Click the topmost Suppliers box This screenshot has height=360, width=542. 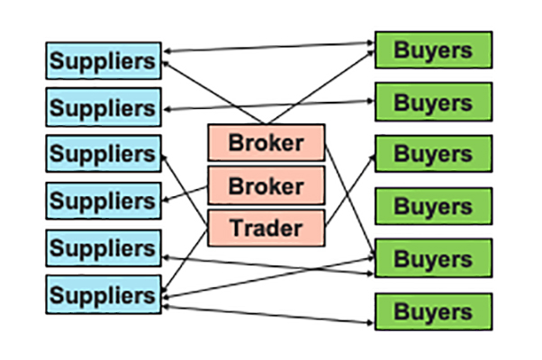(104, 60)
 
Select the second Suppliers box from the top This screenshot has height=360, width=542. (104, 107)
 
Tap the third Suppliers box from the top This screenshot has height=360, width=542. (104, 153)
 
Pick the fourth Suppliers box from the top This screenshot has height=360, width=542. (104, 200)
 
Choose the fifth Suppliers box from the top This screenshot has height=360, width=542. (104, 247)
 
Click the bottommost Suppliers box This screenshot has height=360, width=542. (104, 293)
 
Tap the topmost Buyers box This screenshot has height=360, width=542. (433, 49)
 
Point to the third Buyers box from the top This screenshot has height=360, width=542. (433, 154)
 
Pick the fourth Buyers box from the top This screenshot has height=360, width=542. (433, 206)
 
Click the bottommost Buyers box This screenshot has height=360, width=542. (433, 311)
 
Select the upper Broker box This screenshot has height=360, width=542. (266, 142)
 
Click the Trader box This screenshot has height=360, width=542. (266, 227)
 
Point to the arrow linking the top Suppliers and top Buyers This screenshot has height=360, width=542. (270, 48)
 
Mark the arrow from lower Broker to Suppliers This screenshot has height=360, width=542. (185, 194)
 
